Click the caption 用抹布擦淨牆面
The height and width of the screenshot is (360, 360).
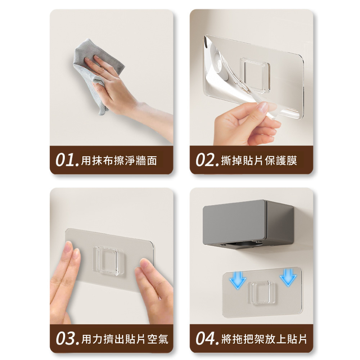[119, 161]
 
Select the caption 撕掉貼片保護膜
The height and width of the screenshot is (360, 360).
[259, 161]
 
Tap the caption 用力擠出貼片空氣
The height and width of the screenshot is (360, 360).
[125, 339]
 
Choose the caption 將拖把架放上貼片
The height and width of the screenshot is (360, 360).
[264, 339]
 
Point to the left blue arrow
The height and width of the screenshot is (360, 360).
[238, 280]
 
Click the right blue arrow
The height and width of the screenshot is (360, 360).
[288, 277]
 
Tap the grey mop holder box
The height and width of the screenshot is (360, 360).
[248, 224]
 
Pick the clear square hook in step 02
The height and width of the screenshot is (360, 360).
[255, 75]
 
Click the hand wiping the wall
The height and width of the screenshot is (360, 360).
[120, 92]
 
